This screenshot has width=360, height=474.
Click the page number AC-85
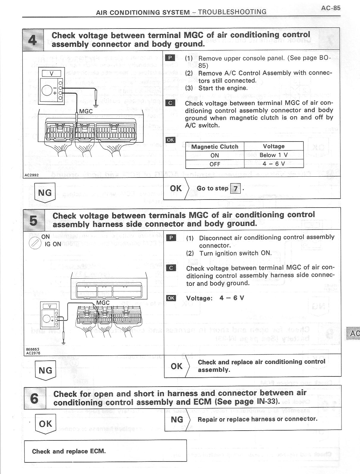(x=331, y=8)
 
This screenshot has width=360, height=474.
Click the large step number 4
(x=32, y=40)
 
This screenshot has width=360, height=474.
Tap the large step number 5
(x=34, y=220)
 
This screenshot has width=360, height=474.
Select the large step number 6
(x=35, y=398)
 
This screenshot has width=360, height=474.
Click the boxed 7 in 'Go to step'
(x=235, y=189)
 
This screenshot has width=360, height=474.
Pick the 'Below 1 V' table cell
(x=273, y=155)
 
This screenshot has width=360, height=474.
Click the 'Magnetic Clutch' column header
(x=215, y=147)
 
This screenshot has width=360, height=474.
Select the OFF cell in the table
(x=215, y=164)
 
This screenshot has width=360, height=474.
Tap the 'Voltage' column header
(x=273, y=146)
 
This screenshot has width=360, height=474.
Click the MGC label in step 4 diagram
(x=86, y=112)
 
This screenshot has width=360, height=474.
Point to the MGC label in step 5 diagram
(x=103, y=303)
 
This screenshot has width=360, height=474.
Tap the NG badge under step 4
(x=45, y=193)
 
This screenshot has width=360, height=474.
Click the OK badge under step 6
(x=45, y=423)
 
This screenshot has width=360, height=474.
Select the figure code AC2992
(x=31, y=175)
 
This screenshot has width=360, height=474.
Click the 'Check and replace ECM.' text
(x=69, y=451)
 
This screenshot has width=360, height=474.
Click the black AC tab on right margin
(x=353, y=333)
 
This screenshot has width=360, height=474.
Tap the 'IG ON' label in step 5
(x=53, y=244)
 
